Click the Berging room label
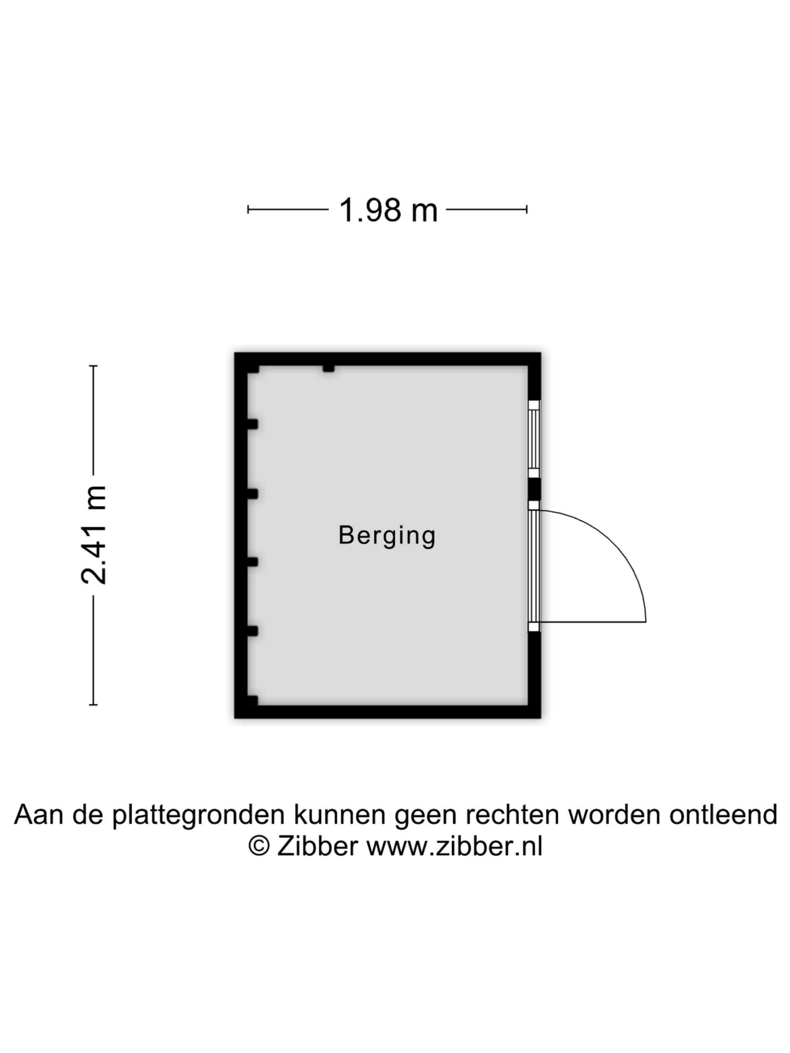(387, 536)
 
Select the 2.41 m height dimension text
(93, 535)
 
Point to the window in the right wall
(534, 439)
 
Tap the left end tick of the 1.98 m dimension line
(248, 209)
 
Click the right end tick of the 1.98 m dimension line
(527, 209)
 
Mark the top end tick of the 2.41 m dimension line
(93, 366)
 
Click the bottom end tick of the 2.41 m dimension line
(93, 705)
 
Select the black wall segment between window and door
(534, 489)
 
